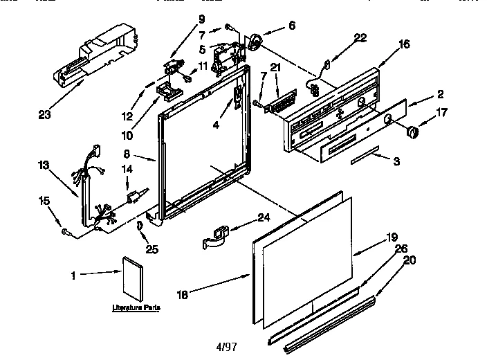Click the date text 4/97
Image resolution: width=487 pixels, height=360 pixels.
click(x=226, y=347)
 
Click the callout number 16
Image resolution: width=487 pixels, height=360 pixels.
click(x=404, y=44)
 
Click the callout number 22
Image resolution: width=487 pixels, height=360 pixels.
click(x=360, y=38)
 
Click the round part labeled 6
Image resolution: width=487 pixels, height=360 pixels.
click(x=257, y=44)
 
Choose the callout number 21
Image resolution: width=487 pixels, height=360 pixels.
click(x=275, y=66)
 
